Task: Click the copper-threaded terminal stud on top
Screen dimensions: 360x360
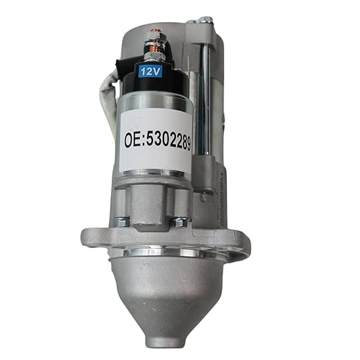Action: point(152,48)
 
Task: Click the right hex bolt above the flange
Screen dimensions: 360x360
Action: point(181,222)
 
